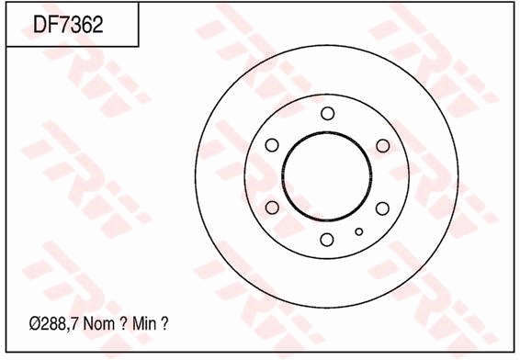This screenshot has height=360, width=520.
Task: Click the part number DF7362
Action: pos(68,25)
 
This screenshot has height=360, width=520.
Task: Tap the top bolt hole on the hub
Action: pos(328,113)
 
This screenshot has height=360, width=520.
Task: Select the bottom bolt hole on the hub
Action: pos(327,240)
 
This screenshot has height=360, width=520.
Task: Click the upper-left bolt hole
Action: pos(272,145)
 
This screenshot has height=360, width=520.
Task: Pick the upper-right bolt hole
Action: pos(383,145)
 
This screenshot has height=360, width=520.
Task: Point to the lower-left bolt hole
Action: pos(272,208)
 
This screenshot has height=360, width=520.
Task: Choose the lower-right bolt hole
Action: pos(382,208)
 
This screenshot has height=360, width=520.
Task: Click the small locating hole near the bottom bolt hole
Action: pos(359,231)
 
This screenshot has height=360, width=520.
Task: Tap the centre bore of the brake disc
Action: pos(327,176)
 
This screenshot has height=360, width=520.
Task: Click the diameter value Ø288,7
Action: pos(53,324)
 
